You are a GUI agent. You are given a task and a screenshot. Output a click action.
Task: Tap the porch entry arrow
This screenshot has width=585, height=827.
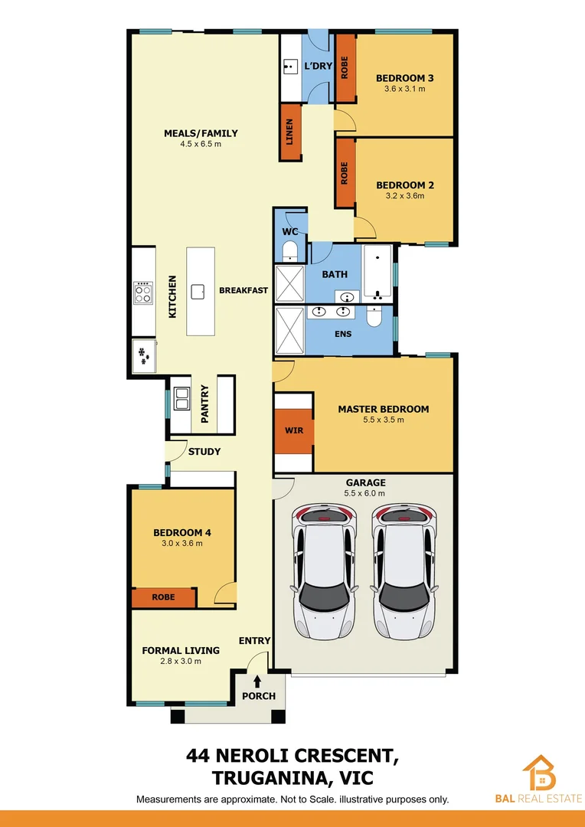[x=257, y=678]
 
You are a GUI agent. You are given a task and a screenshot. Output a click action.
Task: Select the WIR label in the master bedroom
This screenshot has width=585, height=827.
[x=294, y=430]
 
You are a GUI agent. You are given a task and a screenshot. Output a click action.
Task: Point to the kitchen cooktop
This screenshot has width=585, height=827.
[x=142, y=291]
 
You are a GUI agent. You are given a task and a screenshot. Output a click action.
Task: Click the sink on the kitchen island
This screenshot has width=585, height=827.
[x=198, y=290]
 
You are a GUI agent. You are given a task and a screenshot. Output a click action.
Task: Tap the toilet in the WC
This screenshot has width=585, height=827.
[x=290, y=250]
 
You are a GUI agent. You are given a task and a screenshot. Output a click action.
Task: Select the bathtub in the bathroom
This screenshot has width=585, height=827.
[x=377, y=273]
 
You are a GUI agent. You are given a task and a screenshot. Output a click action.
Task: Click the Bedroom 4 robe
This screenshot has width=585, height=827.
[x=163, y=597]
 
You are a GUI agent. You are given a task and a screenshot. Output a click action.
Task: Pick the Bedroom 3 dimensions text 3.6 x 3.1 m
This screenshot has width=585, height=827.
[x=404, y=89]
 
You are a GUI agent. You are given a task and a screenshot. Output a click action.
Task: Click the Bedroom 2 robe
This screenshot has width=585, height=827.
[x=345, y=172]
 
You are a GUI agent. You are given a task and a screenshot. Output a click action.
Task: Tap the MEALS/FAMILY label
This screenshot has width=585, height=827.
[x=201, y=133]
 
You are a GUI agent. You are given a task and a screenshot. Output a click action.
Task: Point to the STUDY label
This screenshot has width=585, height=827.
[x=204, y=452]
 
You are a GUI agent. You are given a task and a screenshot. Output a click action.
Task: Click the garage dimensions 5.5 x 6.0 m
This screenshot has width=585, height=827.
[x=365, y=493]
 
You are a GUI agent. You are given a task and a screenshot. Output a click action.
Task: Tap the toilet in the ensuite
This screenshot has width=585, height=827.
[x=374, y=317]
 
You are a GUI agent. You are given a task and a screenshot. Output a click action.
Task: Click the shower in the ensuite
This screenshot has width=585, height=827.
[x=289, y=331]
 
